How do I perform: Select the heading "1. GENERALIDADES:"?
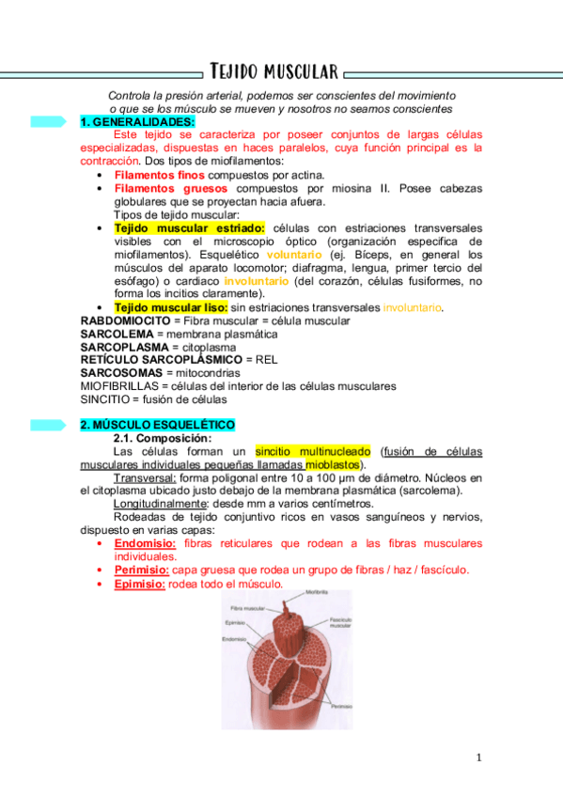click(137, 122)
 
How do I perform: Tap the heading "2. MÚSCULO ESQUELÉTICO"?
click(157, 425)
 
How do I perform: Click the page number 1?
click(478, 758)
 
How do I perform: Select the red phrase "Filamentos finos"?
click(159, 175)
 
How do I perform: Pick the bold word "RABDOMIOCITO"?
click(126, 320)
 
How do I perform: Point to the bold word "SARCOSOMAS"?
click(120, 373)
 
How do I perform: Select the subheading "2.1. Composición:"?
click(162, 438)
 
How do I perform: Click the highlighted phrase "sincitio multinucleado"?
click(313, 451)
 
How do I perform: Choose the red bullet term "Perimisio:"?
click(142, 570)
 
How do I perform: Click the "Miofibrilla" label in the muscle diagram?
click(317, 593)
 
